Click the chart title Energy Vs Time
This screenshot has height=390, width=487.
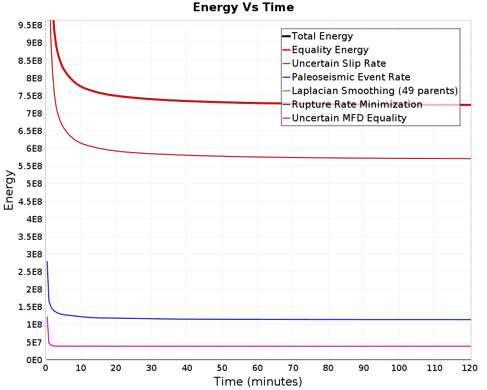[x=243, y=7]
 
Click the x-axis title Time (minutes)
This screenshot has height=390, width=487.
[x=258, y=381]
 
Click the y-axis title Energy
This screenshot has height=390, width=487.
[x=8, y=190]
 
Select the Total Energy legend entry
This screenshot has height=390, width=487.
[x=322, y=36]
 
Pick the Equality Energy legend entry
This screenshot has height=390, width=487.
[x=330, y=50]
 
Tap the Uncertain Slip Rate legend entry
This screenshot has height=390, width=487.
[x=338, y=63]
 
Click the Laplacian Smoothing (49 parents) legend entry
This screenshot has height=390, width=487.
[x=375, y=91]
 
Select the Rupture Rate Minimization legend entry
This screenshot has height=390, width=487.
[x=356, y=104]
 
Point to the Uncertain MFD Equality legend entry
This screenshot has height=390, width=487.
[x=349, y=118]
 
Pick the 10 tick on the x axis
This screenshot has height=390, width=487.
[x=81, y=368]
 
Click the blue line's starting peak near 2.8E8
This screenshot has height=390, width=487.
[x=47, y=262]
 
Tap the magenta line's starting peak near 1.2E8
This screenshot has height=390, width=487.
[x=47, y=317]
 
